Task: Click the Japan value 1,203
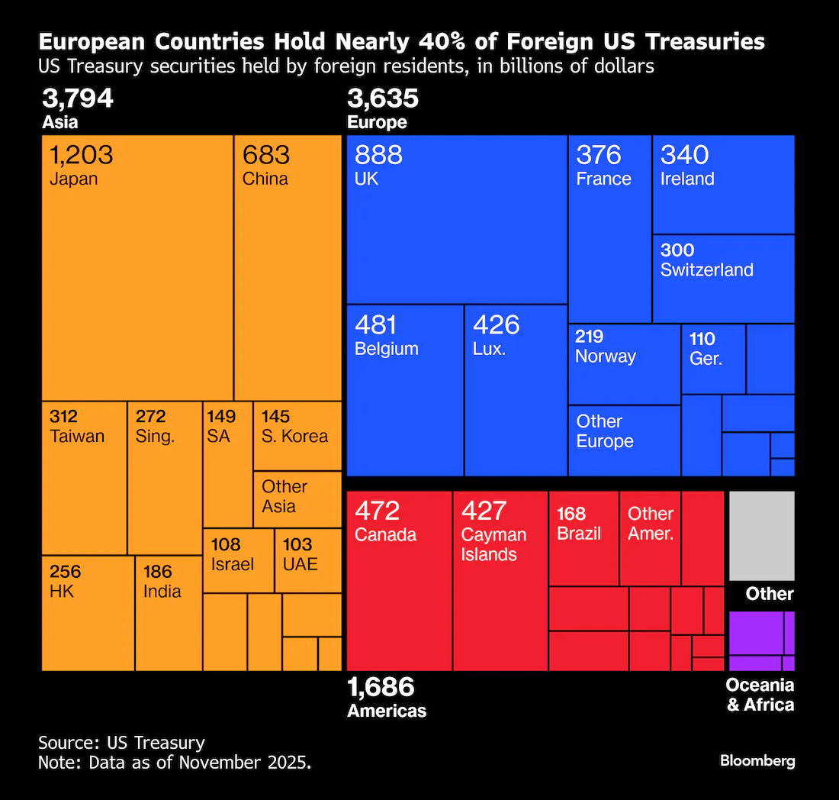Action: [x=81, y=155]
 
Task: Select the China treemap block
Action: [x=288, y=267]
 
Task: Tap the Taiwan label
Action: [x=77, y=437]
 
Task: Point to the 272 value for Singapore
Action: [x=151, y=417]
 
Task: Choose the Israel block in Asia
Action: [x=238, y=560]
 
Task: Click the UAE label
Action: [x=300, y=565]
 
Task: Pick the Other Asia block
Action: [x=297, y=498]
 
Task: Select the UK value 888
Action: [x=378, y=155]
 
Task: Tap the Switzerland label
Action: [x=706, y=270]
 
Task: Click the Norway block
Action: [x=624, y=363]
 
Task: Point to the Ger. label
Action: [x=706, y=359]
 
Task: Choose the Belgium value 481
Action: [x=375, y=325]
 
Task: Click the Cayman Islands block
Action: [x=500, y=580]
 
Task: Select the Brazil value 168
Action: [x=571, y=513]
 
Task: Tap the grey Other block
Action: [x=761, y=536]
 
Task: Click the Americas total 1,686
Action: [x=381, y=687]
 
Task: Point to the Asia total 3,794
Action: [x=78, y=98]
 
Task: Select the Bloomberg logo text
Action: [x=757, y=761]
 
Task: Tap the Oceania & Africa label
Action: [x=760, y=695]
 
